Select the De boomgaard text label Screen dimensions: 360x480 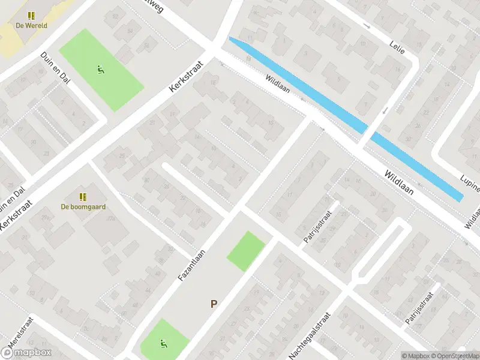pos(83,207)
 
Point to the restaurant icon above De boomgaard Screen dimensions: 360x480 pos(83,197)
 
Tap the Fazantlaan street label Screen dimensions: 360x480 pos(191,266)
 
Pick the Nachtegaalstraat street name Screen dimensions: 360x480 pos(310,336)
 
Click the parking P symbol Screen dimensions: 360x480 pos(213,304)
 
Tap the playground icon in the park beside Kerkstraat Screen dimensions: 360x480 pos(100,69)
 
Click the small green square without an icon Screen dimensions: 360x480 pos(245,251)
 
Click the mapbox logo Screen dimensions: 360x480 pos(26,353)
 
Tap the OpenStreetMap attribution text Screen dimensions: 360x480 pos(452,356)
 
